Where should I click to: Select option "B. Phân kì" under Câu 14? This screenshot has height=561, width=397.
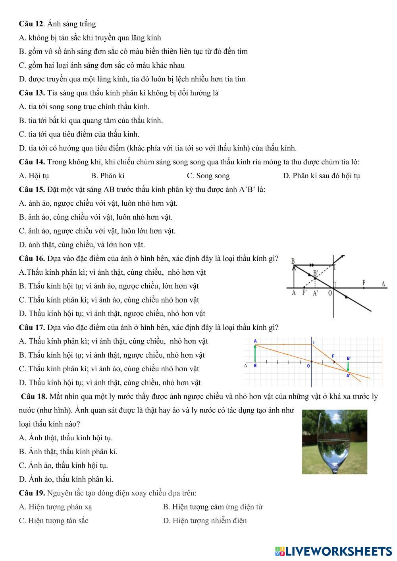tap(108, 175)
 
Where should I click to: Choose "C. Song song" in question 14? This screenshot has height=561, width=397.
tap(208, 175)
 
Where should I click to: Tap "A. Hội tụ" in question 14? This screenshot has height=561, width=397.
tap(34, 175)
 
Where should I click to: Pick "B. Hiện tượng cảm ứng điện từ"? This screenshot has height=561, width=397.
tap(212, 507)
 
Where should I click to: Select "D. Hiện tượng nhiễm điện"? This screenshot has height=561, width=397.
tap(204, 521)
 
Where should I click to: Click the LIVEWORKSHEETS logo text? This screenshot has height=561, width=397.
tap(333, 551)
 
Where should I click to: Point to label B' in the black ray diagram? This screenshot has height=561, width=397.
tap(316, 273)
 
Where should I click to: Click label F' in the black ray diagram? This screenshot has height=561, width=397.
tap(305, 293)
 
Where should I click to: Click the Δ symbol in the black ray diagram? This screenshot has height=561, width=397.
tap(383, 284)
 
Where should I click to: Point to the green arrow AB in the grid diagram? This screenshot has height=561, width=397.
tap(255, 353)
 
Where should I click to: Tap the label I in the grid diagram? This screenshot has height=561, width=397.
tap(314, 342)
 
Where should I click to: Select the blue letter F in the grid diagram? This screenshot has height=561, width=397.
tap(333, 356)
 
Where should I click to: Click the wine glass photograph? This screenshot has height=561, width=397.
tap(334, 441)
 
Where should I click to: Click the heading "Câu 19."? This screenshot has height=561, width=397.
tap(32, 493)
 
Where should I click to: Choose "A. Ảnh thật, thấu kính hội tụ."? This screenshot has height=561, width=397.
tap(66, 438)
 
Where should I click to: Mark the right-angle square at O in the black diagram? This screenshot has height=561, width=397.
tap(335, 285)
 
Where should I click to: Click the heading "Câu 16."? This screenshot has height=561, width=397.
tap(32, 258)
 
